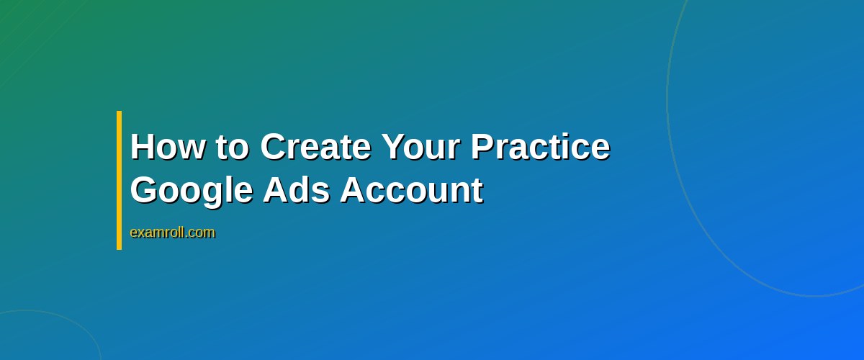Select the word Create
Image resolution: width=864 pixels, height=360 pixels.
coord(315,147)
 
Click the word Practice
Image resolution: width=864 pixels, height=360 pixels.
coord(541,147)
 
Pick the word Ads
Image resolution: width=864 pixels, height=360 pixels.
coord(296,190)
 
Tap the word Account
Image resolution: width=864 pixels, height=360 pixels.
coord(411,190)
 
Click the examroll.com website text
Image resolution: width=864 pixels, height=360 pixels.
coord(172,233)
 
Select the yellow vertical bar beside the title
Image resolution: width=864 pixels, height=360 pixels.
coord(119,180)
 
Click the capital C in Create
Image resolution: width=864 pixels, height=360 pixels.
coord(274,147)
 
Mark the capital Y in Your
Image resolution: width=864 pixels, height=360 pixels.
coord(394,147)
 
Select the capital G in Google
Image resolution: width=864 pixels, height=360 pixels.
coord(145,191)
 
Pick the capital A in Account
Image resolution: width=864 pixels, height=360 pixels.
coord(352,190)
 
